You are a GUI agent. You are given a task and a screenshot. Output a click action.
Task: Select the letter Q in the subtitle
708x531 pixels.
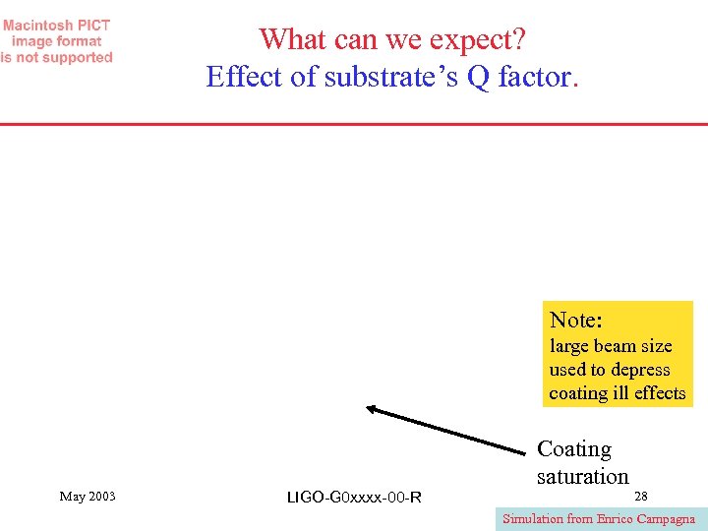(x=479, y=76)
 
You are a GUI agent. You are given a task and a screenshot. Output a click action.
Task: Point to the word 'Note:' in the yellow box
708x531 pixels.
(x=576, y=320)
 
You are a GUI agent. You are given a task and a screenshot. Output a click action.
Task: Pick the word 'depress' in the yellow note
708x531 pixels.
(x=640, y=370)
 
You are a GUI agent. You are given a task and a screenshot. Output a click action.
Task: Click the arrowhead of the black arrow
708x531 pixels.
(x=371, y=408)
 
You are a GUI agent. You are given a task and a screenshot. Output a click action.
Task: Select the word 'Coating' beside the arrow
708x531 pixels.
(x=574, y=449)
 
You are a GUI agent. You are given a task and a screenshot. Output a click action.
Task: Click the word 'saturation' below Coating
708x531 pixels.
(x=582, y=477)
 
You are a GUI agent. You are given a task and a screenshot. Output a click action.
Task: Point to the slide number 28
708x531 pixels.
(x=641, y=496)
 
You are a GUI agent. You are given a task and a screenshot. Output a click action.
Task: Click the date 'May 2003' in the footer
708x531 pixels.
(x=88, y=497)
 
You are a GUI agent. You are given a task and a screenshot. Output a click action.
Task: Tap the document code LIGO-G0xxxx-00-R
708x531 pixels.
(x=354, y=498)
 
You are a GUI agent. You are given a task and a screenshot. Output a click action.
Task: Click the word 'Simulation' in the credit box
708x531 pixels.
(x=533, y=519)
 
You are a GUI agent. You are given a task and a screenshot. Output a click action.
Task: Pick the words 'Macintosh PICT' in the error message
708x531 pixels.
(x=56, y=25)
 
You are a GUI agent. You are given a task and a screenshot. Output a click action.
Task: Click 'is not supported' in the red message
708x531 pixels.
(x=56, y=58)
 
